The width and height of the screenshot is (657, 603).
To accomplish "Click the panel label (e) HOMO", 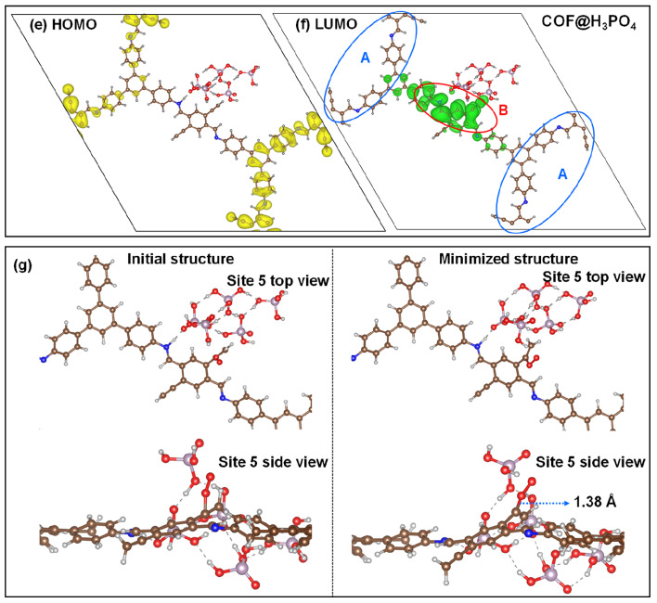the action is click(63, 25).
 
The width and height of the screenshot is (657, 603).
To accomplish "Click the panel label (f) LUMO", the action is click(327, 25).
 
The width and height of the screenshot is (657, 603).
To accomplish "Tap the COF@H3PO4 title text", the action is click(588, 22).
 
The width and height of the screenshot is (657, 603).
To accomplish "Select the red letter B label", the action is click(503, 110).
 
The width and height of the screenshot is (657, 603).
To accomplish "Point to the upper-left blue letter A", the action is click(365, 58).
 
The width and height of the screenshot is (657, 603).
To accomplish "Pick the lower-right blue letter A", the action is click(562, 174).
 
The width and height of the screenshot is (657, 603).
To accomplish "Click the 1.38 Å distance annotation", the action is click(595, 502).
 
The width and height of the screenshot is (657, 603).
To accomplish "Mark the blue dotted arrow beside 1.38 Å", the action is click(545, 503).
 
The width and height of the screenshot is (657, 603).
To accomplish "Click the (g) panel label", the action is click(22, 265).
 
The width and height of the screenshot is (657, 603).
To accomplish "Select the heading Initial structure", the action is click(181, 259).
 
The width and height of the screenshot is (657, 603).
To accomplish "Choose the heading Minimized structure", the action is click(509, 259).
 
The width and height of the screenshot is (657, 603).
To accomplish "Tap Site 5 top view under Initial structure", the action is click(278, 280).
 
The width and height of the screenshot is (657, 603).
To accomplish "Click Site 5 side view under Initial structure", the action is click(273, 462).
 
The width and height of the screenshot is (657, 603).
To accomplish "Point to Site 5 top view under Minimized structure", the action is click(594, 276).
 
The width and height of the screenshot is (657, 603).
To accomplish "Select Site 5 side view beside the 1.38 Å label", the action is click(590, 462).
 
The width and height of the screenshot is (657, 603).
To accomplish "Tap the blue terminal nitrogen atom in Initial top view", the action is click(43, 359).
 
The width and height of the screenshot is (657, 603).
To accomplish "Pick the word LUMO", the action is click(336, 25).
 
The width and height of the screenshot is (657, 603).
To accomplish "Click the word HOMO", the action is click(74, 25).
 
